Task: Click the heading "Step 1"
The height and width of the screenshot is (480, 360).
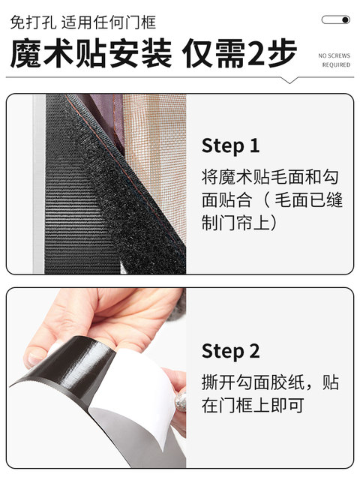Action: (230, 145)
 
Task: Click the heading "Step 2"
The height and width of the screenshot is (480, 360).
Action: (230, 351)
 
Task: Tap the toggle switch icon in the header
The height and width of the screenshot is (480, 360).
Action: (335, 20)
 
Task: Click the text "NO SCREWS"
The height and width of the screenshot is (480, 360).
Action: (334, 55)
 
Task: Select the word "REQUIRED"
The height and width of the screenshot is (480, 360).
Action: (336, 65)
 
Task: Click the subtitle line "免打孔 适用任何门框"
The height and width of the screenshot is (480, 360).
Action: (83, 22)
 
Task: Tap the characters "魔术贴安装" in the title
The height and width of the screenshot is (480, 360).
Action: (91, 53)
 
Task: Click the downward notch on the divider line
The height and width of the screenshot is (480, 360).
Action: (289, 80)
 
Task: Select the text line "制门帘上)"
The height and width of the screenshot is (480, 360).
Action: (239, 222)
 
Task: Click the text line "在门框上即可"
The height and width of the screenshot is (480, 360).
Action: (253, 405)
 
